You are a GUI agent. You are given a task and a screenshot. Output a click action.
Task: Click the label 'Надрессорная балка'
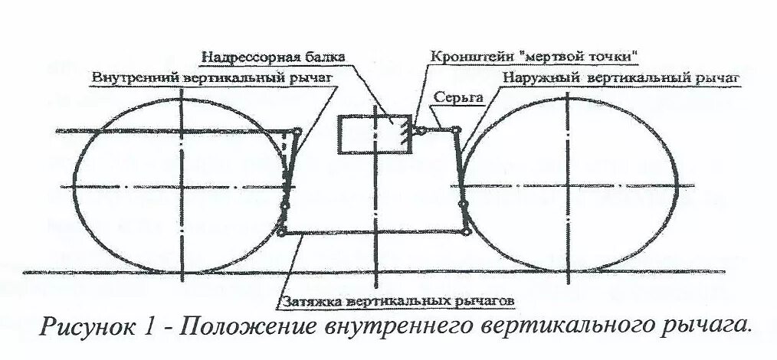tap(274, 57)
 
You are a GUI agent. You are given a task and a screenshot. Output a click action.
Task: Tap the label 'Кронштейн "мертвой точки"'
tap(535, 57)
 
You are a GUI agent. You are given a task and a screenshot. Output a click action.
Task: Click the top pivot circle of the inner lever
tap(297, 131)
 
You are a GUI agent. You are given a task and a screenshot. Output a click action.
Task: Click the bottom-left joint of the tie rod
tap(283, 233)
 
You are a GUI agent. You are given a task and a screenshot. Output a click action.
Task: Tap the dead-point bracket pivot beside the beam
tap(419, 131)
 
